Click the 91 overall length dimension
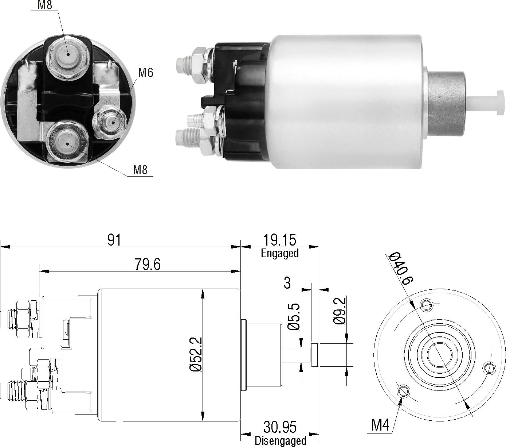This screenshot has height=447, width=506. pyautogui.click(x=114, y=240)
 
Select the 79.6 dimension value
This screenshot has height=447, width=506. pyautogui.click(x=148, y=265)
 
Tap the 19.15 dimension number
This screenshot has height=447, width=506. pyautogui.click(x=280, y=240)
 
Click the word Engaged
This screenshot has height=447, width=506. pyautogui.click(x=280, y=253)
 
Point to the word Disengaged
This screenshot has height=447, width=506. pyautogui.click(x=281, y=441)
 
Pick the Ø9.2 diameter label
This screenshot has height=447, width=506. pyautogui.click(x=340, y=311)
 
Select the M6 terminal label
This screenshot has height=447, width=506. pyautogui.click(x=146, y=73)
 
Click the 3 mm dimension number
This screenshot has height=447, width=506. pyautogui.click(x=287, y=283)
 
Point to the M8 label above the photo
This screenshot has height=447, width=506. pyautogui.click(x=45, y=5)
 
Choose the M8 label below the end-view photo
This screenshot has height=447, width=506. pyautogui.click(x=140, y=170)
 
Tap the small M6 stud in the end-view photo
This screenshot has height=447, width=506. pyautogui.click(x=110, y=123)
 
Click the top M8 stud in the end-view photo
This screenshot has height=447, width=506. pyautogui.click(x=67, y=58)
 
